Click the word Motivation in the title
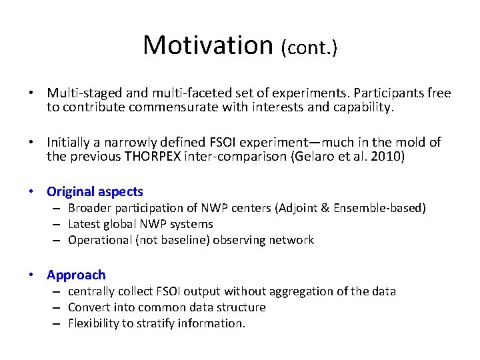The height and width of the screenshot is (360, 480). (208, 45)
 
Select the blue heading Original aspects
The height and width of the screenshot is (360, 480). (95, 191)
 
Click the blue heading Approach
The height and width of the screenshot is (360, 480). (76, 275)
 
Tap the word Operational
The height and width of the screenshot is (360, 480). (99, 240)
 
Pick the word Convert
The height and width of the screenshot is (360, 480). (89, 307)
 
